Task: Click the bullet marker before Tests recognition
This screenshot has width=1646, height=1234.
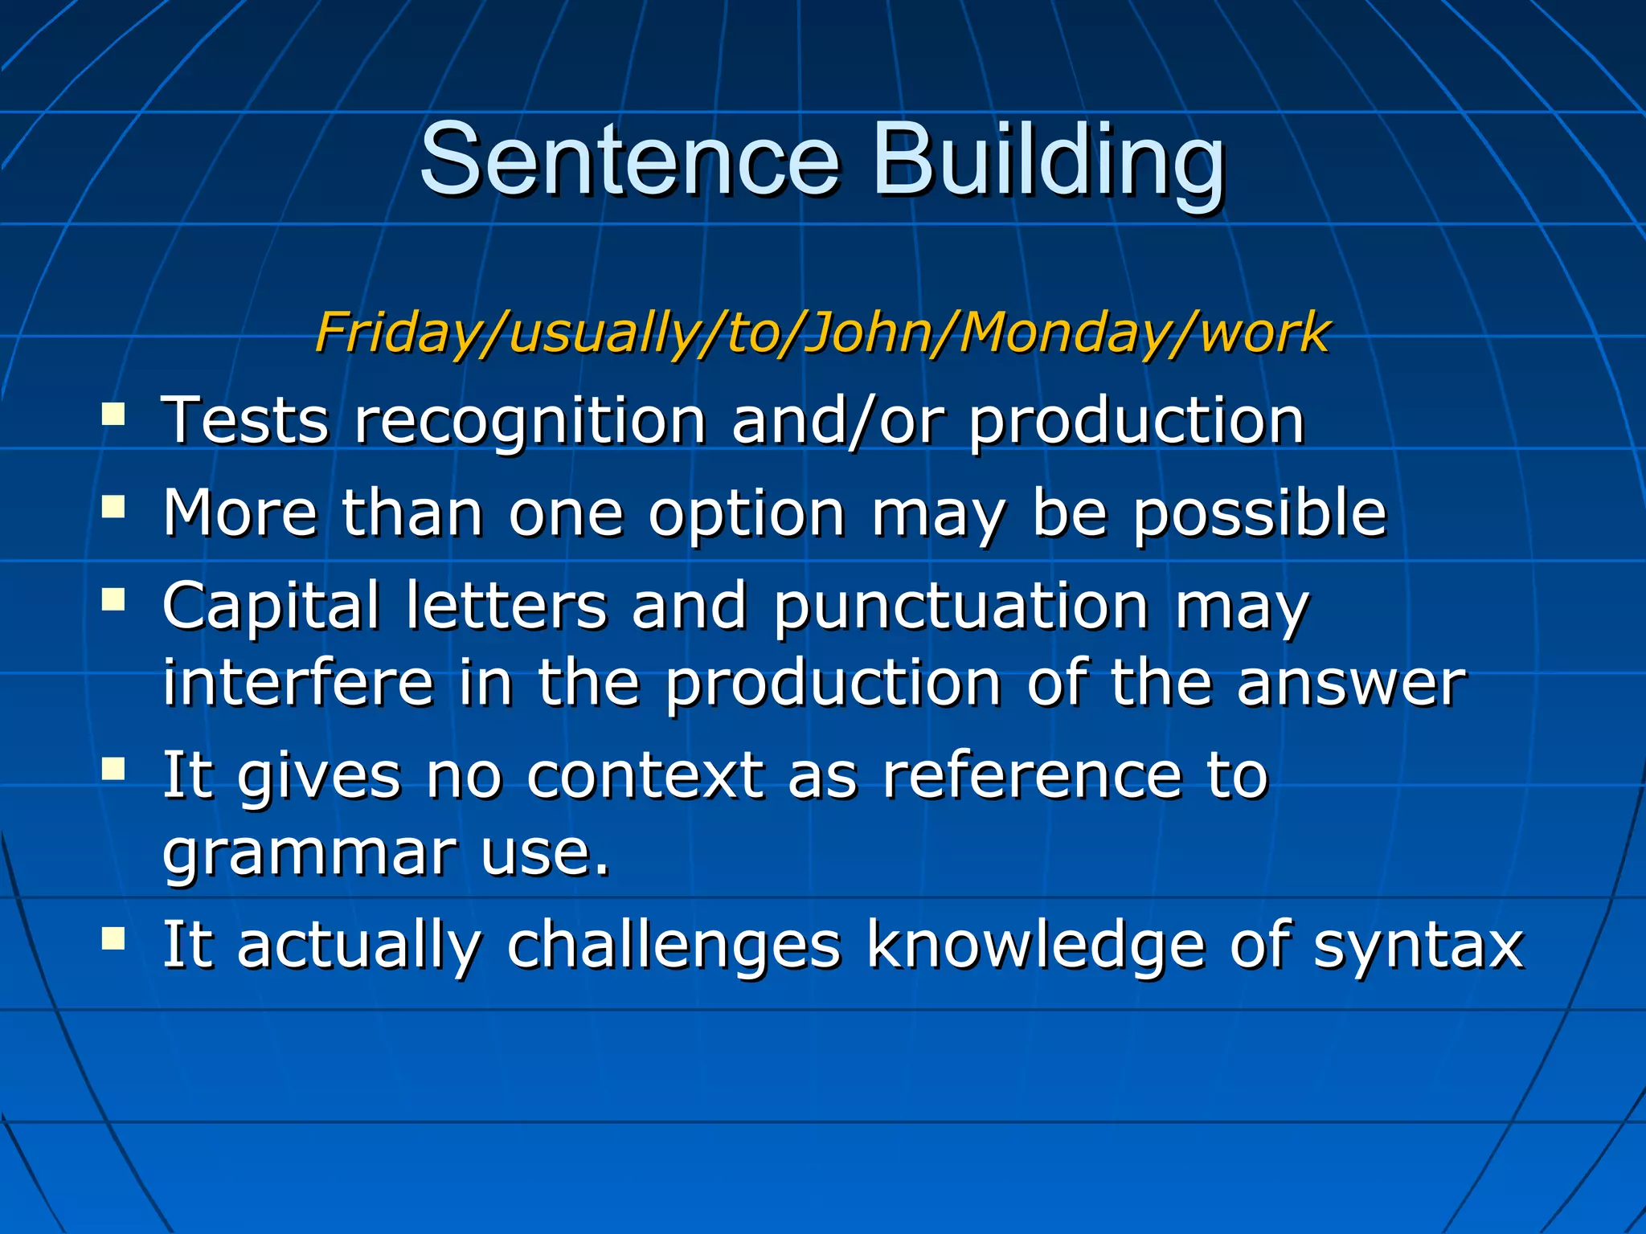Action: [113, 415]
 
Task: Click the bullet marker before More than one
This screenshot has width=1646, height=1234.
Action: [113, 507]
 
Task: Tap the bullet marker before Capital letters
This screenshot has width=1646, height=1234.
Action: [113, 599]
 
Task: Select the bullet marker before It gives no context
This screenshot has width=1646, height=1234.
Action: [113, 769]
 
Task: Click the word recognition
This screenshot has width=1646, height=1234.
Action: [530, 421]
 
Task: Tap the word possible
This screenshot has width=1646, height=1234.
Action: [1259, 513]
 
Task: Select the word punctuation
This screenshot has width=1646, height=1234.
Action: [961, 606]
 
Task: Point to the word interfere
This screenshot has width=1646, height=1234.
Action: [298, 682]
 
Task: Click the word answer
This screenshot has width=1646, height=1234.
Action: [1351, 682]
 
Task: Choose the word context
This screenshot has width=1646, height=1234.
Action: [645, 775]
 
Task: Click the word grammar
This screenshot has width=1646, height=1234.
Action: [309, 853]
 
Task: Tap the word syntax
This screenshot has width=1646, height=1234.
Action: [1419, 945]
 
